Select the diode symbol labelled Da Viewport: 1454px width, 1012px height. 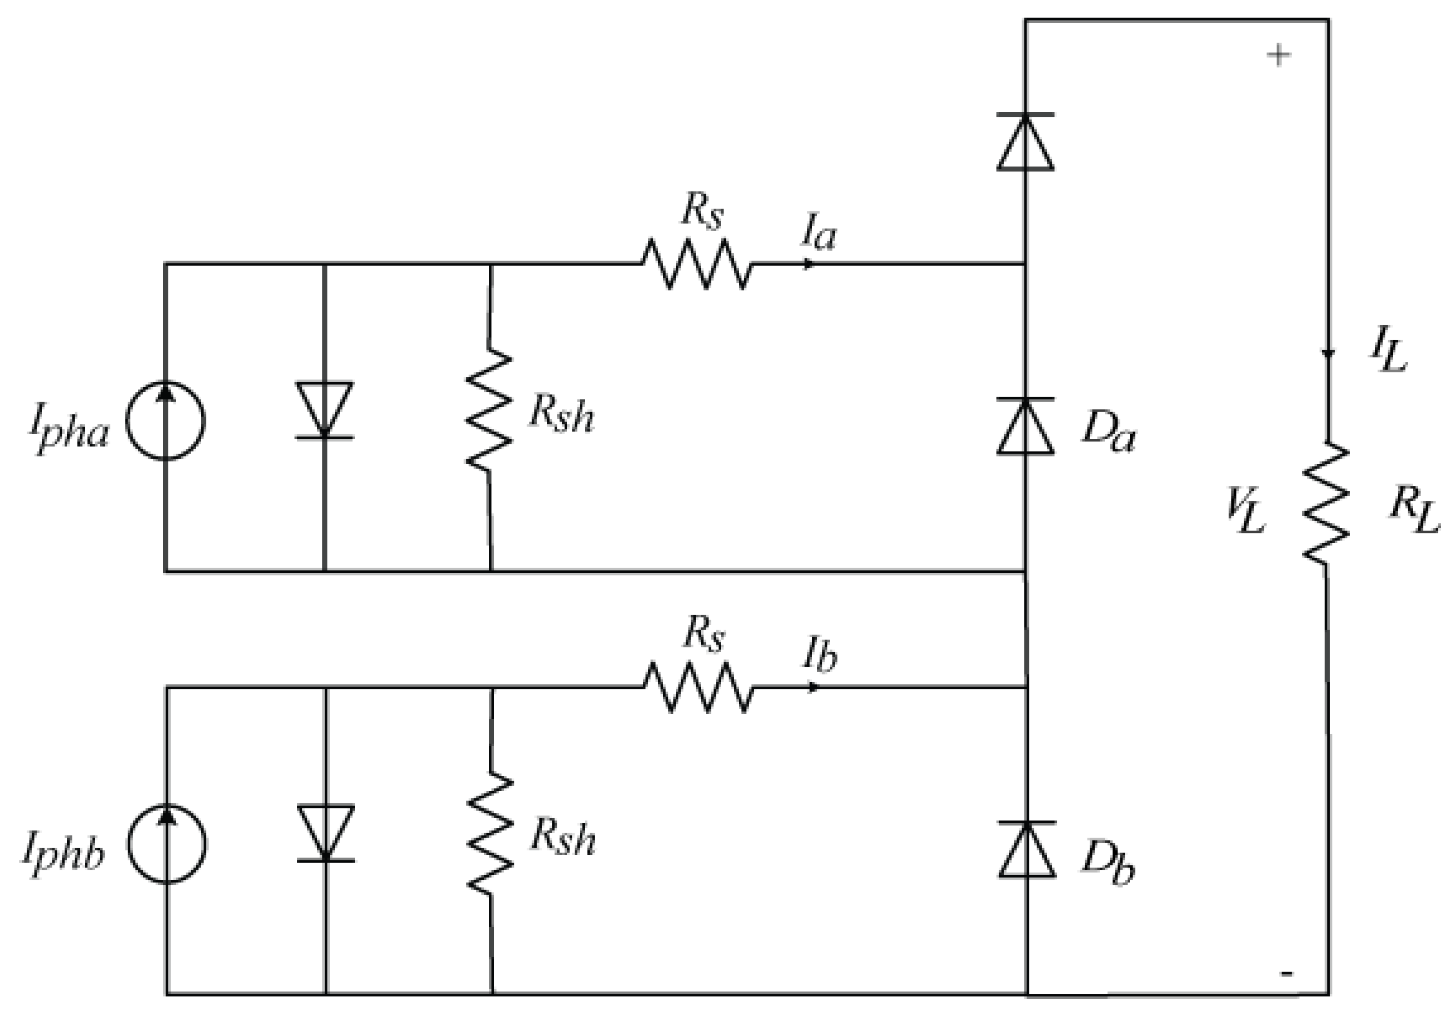(x=1025, y=426)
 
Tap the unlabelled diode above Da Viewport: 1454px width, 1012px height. (x=1025, y=142)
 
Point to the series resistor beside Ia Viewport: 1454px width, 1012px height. (x=697, y=264)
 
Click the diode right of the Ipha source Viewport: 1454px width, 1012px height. (x=325, y=410)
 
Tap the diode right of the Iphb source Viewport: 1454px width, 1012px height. (x=326, y=833)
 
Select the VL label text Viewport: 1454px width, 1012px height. (x=1245, y=512)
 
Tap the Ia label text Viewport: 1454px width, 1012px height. (x=819, y=232)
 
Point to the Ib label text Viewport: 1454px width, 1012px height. (x=820, y=654)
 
